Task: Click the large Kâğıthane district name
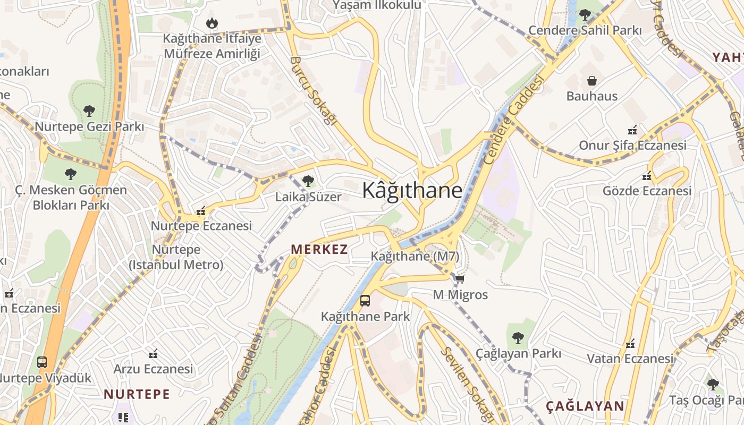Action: click(412, 190)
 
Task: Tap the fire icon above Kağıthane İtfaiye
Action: click(212, 23)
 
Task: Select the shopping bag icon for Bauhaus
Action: click(591, 81)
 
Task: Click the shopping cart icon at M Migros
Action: click(460, 279)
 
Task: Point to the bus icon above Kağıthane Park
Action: click(365, 301)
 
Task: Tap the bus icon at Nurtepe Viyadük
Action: click(42, 362)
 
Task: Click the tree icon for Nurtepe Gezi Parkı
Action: click(89, 111)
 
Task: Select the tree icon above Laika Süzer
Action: click(308, 181)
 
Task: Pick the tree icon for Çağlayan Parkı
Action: click(518, 337)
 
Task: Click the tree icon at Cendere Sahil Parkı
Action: click(585, 15)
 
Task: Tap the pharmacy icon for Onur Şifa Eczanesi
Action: click(632, 130)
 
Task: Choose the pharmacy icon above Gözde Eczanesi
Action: click(647, 175)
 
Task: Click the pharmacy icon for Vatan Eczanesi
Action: click(630, 343)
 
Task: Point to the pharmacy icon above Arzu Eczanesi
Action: click(154, 353)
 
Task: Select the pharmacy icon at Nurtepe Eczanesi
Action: click(201, 211)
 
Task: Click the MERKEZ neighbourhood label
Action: click(319, 249)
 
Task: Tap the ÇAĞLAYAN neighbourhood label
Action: click(585, 406)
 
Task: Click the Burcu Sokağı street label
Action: click(314, 90)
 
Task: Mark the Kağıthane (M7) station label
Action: click(415, 256)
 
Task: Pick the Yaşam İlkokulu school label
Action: click(377, 5)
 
